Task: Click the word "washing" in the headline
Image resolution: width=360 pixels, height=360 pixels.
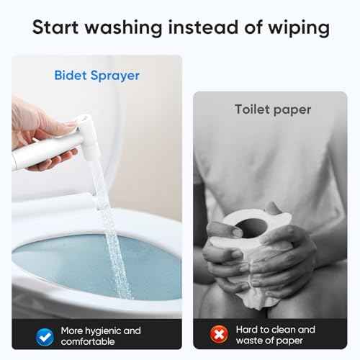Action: (124, 28)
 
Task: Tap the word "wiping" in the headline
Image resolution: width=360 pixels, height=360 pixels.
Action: (299, 28)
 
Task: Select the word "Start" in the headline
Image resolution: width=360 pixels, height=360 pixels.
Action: (55, 27)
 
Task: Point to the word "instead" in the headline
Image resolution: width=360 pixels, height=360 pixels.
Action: (203, 27)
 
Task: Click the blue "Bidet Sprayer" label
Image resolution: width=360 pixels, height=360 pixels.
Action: (96, 76)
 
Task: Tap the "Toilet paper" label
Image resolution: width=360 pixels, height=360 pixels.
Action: (273, 110)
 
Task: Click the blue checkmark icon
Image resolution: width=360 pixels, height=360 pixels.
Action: (45, 337)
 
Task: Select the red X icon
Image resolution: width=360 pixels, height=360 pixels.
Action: (219, 334)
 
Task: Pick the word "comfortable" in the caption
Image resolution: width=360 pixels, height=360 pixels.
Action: (88, 341)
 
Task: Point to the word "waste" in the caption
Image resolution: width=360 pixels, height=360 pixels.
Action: (249, 341)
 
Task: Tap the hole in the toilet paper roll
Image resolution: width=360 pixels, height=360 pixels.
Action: (251, 228)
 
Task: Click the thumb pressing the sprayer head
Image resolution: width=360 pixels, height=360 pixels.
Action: (60, 125)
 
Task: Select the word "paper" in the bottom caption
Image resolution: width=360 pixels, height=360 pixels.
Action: (289, 341)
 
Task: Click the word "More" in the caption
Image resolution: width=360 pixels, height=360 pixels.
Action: (72, 330)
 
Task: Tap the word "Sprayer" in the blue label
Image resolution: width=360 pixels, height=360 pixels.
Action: (115, 76)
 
